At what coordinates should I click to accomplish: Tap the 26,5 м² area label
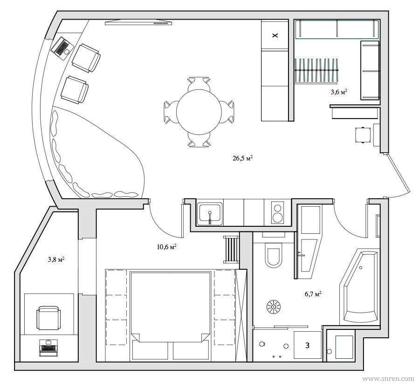243,158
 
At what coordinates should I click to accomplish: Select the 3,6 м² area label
339,92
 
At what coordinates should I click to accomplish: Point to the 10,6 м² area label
166,247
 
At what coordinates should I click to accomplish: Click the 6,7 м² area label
313,294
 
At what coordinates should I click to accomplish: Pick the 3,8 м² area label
56,259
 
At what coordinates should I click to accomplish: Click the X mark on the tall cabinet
275,35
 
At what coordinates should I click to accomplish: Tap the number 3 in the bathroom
307,345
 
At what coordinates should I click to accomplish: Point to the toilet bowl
273,255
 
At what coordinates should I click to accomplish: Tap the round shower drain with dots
274,306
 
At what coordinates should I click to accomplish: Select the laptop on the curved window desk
62,48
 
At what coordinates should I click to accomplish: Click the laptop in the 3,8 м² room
48,348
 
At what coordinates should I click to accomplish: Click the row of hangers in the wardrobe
316,70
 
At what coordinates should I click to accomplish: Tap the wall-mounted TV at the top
138,22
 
